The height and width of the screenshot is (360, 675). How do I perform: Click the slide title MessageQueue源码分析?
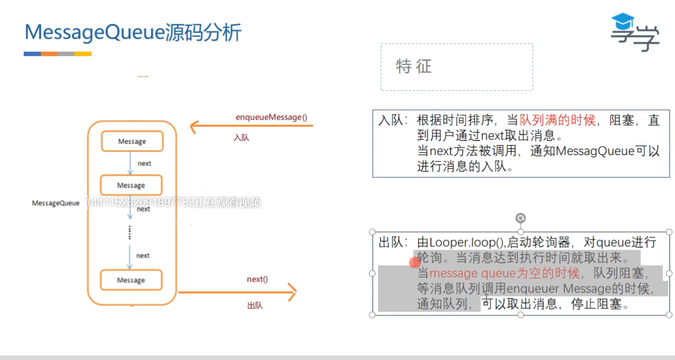coord(133,33)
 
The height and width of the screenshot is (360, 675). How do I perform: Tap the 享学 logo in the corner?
coord(635,33)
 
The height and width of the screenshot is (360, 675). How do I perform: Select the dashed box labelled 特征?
coord(456,67)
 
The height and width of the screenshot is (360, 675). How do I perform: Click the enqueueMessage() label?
coord(271,117)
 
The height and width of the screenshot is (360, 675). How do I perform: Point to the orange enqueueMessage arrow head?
coord(193,127)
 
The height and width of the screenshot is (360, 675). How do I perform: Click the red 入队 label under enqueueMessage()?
coord(241,137)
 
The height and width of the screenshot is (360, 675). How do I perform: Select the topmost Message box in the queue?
coord(132,142)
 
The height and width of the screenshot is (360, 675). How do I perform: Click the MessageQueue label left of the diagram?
coord(56,203)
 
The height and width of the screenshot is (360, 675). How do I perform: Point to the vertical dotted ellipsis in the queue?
coord(129,232)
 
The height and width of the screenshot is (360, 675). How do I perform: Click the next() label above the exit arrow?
coord(257,279)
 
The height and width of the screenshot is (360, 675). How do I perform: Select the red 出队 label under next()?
coord(255,305)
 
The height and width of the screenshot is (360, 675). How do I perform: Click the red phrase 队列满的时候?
coord(557,120)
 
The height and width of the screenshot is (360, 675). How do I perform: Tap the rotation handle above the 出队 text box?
coord(520,218)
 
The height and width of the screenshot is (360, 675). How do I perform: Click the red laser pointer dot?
coord(415,262)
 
